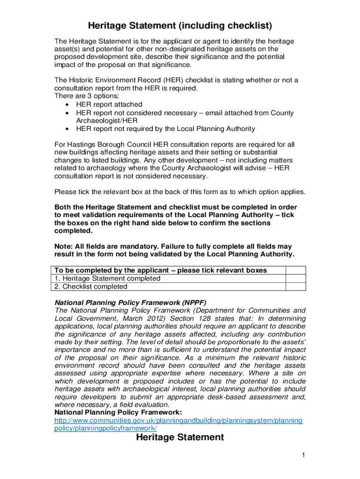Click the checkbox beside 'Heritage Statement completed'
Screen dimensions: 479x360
pos(295,278)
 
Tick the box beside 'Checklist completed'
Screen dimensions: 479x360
pos(295,286)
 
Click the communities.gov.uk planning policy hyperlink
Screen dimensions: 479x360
pos(179,424)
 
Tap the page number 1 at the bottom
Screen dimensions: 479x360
pos(303,455)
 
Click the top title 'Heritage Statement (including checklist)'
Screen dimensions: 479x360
pos(180,25)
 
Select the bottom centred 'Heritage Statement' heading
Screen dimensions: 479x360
pos(180,437)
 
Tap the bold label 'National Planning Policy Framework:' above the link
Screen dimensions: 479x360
pos(118,412)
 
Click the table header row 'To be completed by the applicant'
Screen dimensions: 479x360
pos(161,270)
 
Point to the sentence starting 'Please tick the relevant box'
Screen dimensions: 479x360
pos(180,192)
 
